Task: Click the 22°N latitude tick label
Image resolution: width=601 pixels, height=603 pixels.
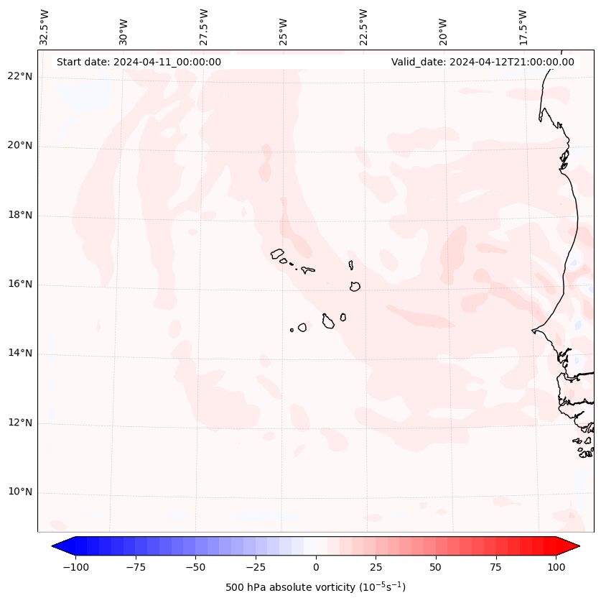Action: (x=20, y=77)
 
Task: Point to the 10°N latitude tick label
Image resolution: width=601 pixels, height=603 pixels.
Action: (x=20, y=492)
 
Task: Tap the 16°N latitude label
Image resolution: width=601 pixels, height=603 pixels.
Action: (x=20, y=285)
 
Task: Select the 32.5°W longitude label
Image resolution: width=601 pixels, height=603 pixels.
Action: (x=45, y=27)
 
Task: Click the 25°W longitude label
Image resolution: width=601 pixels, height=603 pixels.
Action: (x=284, y=28)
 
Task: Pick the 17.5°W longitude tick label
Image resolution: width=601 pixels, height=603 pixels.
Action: (x=523, y=27)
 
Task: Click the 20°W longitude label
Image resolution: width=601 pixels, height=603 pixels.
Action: (x=443, y=28)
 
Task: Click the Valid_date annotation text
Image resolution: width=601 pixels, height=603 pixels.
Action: (x=483, y=62)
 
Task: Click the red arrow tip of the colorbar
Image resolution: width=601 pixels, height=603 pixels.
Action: (x=574, y=546)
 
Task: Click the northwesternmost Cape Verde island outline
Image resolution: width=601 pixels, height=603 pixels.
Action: (x=277, y=253)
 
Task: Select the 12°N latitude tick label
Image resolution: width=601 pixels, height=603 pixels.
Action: (x=20, y=423)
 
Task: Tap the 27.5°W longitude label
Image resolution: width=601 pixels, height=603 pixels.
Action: (x=204, y=27)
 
